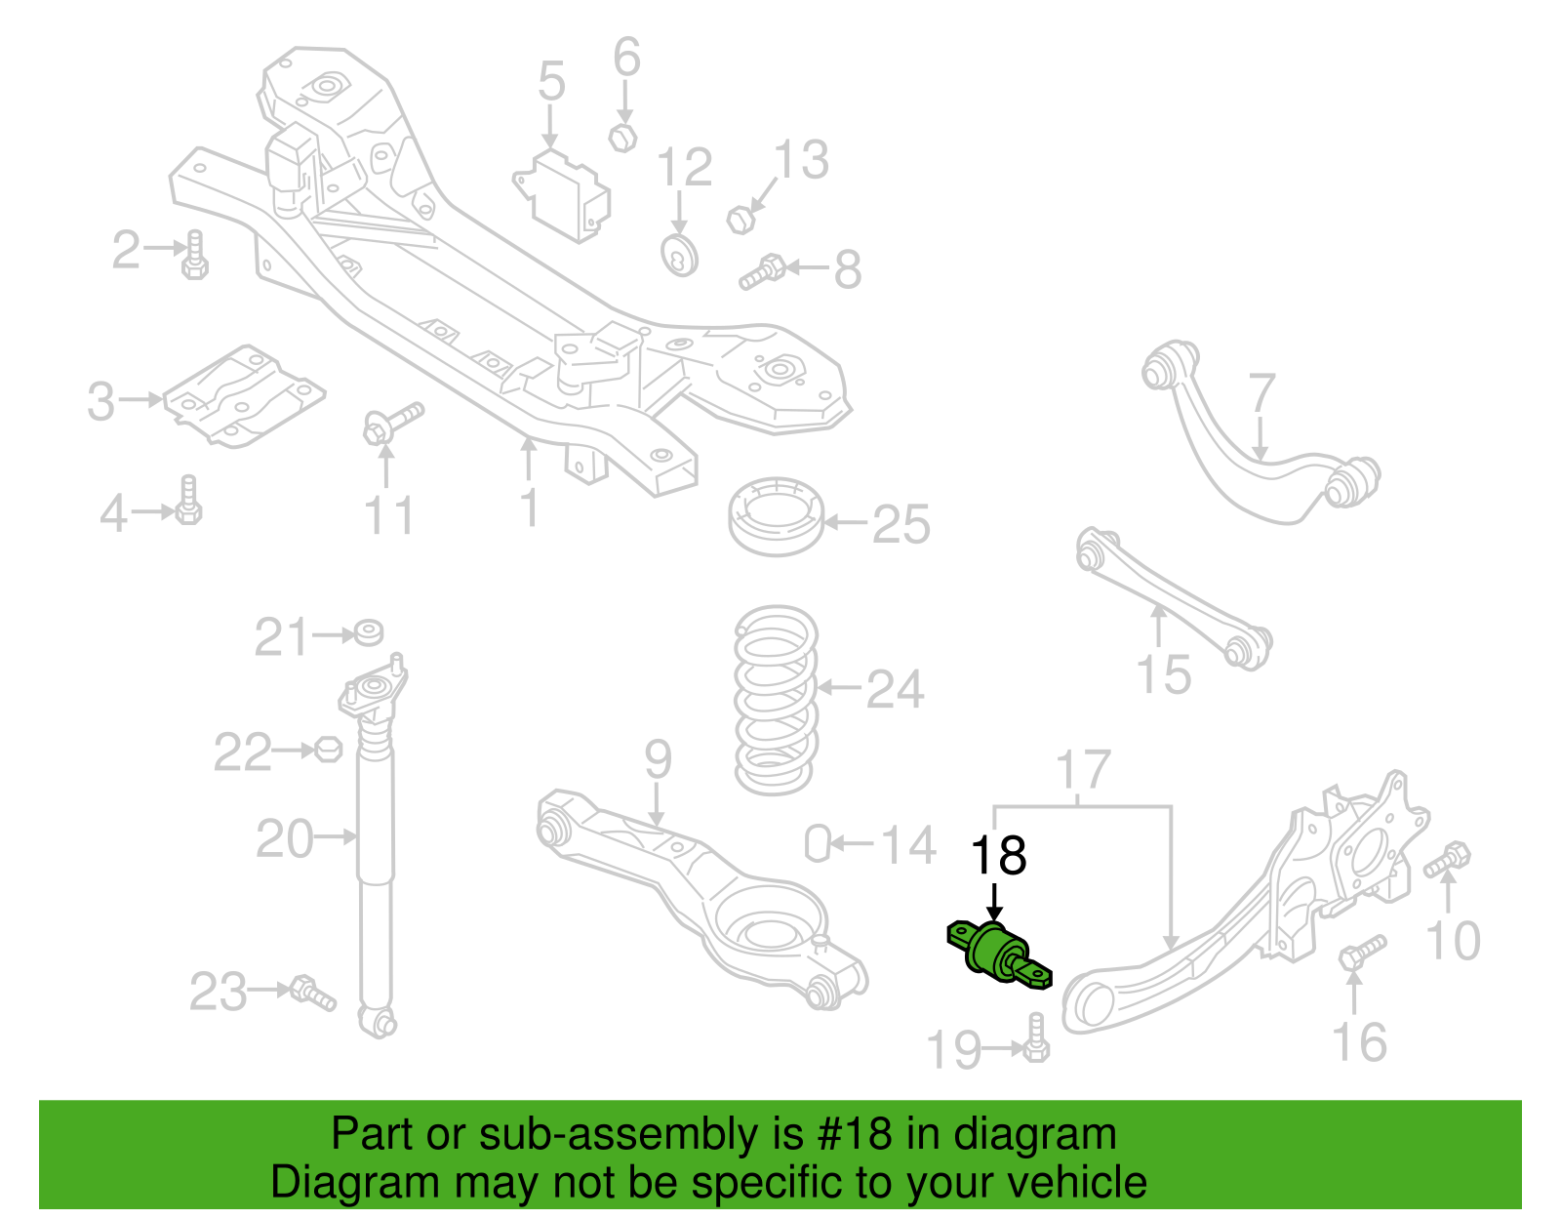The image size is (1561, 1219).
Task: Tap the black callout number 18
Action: pos(998,856)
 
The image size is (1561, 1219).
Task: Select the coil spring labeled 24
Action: pos(776,700)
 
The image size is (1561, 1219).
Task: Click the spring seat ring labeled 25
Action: pos(776,515)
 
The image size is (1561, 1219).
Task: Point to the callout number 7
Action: pos(1261,392)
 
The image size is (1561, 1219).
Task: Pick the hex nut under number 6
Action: pos(622,138)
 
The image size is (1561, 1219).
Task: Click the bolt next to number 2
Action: pos(195,255)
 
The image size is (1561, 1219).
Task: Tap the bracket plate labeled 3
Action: pos(244,395)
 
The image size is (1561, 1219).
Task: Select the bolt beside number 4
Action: pos(188,500)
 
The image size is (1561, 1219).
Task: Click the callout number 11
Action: pos(389,515)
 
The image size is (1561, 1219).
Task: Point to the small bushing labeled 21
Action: pos(369,631)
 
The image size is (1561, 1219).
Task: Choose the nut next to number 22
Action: pos(328,750)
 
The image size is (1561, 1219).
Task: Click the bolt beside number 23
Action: pos(313,995)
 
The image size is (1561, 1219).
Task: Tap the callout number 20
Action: pos(285,838)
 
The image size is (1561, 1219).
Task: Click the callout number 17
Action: pos(1083,769)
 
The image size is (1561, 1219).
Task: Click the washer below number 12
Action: pos(679,256)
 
